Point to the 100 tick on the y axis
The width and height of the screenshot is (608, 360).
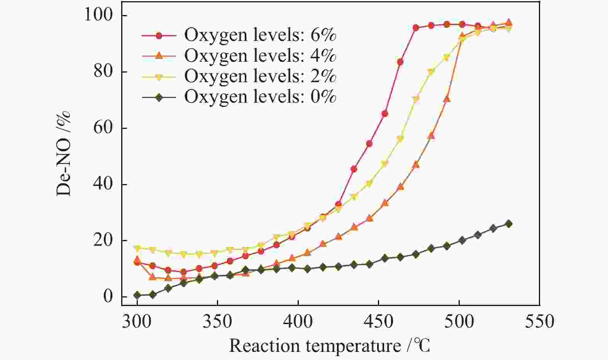click(x=102, y=15)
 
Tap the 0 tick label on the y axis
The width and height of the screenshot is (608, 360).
click(x=109, y=297)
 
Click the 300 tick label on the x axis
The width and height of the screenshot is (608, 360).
click(x=137, y=321)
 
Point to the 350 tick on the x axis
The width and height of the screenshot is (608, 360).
click(x=218, y=321)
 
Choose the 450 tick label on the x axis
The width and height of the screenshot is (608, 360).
click(x=379, y=321)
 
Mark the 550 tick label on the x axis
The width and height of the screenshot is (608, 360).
click(x=539, y=321)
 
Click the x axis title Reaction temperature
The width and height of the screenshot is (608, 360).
click(x=329, y=346)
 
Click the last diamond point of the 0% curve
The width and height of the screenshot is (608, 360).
click(x=509, y=224)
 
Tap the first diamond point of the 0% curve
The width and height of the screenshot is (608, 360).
click(x=137, y=295)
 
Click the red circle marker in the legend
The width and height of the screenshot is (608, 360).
click(x=159, y=35)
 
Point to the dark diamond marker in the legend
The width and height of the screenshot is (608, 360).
click(x=159, y=97)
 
